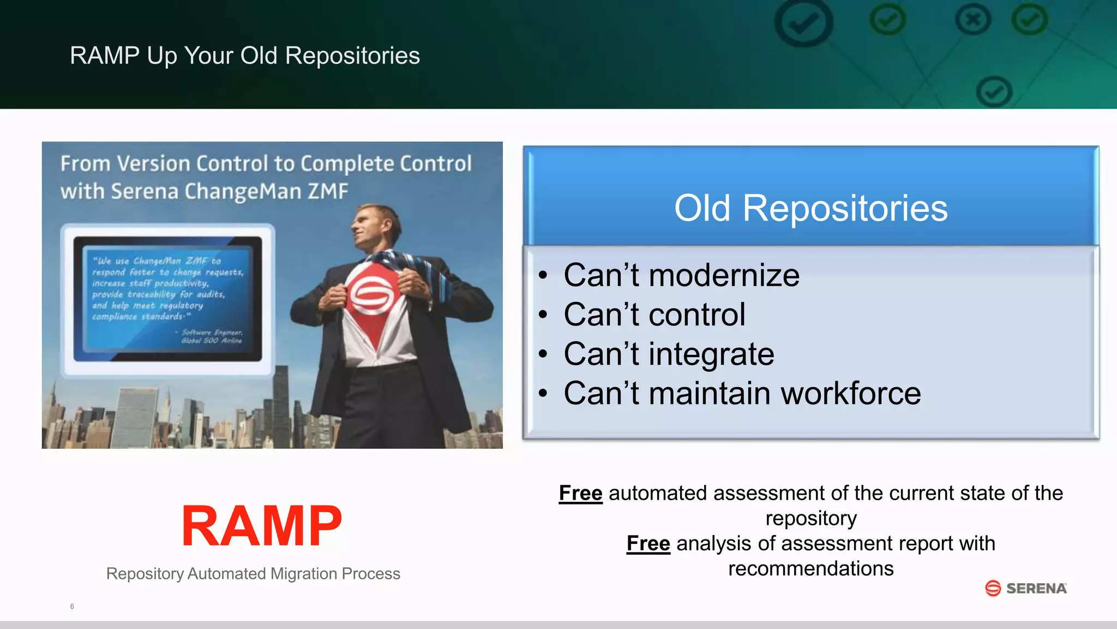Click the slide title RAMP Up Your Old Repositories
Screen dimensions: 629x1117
click(x=245, y=56)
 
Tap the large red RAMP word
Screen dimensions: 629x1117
click(x=262, y=526)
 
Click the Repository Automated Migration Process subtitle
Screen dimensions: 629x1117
click(x=253, y=573)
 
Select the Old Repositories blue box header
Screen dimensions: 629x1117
click(x=810, y=208)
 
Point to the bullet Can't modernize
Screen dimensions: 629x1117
click(x=681, y=275)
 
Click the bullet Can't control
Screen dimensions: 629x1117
click(x=654, y=314)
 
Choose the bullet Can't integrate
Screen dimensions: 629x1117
click(x=669, y=354)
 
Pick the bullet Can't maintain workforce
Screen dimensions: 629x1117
click(x=742, y=393)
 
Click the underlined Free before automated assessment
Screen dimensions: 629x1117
click(x=580, y=493)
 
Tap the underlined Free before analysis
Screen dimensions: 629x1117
click(x=648, y=543)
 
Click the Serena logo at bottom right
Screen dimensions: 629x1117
click(x=1026, y=588)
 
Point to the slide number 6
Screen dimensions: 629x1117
click(x=72, y=607)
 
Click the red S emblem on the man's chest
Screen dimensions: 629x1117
click(x=371, y=295)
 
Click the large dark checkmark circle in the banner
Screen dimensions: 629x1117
click(x=803, y=23)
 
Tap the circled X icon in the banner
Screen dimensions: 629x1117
click(x=972, y=21)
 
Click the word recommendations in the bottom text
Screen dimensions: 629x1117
click(x=810, y=569)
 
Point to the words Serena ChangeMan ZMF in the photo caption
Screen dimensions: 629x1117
click(x=229, y=192)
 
